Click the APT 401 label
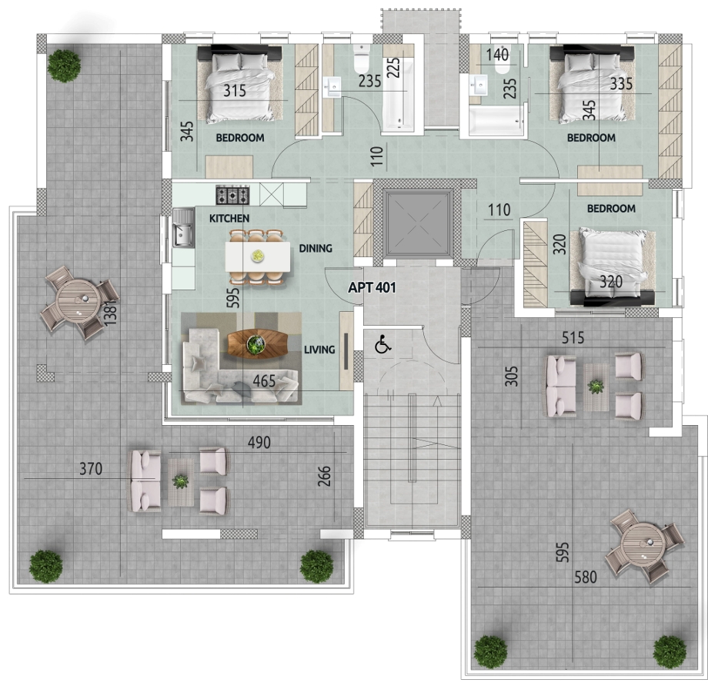point(372,288)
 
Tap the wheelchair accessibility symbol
point(383,344)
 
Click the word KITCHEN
point(229,219)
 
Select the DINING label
point(316,248)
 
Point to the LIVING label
point(319,349)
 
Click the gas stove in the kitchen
point(232,195)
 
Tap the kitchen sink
point(183,227)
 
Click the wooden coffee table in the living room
point(257,343)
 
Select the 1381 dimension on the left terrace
point(110,313)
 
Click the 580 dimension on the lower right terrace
point(586,577)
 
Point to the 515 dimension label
point(573,337)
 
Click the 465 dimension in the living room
point(264,381)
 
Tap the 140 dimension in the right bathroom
point(498,55)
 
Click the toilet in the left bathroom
point(362,58)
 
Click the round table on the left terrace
point(78,300)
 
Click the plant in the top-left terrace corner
point(64,65)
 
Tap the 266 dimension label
point(324,476)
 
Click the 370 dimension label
point(91,469)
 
